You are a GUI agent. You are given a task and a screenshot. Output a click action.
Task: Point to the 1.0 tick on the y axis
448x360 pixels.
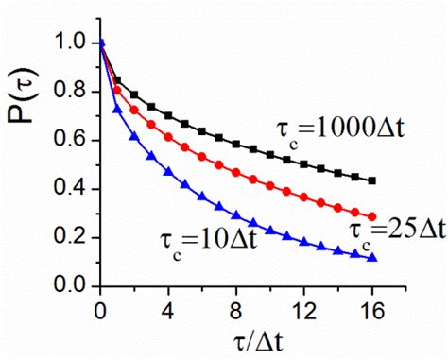tap(70, 43)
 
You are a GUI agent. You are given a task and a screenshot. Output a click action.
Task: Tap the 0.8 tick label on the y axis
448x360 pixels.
tap(70, 92)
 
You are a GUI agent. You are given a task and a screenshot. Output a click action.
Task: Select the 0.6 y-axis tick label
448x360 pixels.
tap(70, 141)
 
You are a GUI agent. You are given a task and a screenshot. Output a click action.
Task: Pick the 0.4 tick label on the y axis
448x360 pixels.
tap(70, 189)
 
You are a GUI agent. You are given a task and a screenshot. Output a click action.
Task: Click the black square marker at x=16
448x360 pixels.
tap(372, 180)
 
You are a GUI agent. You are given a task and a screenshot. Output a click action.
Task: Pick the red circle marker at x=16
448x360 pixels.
tap(372, 216)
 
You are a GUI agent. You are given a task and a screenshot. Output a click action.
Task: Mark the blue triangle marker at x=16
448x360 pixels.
tap(372, 257)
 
